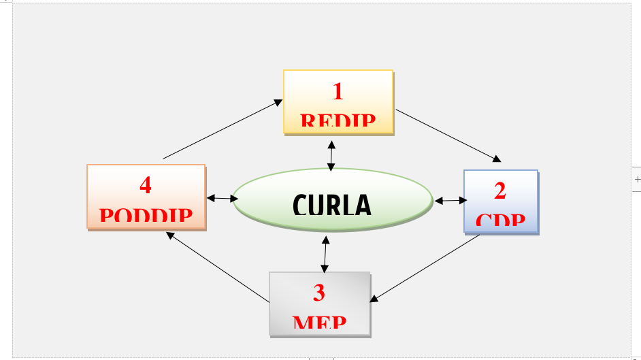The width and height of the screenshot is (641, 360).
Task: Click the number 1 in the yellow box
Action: click(338, 91)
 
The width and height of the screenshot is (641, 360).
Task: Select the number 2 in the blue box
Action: click(500, 191)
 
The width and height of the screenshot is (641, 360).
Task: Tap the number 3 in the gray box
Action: click(319, 293)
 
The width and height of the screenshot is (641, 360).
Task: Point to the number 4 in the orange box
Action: click(146, 185)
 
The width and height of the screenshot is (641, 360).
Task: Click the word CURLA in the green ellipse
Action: click(333, 205)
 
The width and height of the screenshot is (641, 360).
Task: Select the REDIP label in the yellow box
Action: click(338, 122)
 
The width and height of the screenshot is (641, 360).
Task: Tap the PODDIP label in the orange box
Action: click(146, 217)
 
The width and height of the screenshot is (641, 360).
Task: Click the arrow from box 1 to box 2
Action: click(448, 135)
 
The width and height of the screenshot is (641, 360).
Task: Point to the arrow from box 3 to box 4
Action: click(218, 268)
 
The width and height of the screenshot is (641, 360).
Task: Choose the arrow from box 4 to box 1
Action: click(223, 129)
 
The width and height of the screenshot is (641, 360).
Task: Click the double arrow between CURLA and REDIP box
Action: click(331, 156)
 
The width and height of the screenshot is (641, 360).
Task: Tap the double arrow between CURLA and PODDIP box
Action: click(222, 199)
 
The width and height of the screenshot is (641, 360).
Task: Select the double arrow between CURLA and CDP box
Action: click(450, 201)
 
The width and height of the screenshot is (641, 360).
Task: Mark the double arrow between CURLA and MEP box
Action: click(325, 254)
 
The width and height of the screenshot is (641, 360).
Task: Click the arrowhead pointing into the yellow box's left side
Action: click(278, 102)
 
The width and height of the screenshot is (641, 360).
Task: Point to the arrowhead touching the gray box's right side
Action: click(374, 298)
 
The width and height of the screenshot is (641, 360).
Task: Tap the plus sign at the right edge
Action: click(637, 180)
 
